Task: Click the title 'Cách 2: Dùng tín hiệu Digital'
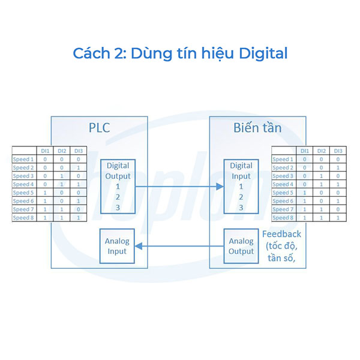coord(180,53)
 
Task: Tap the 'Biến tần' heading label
coord(257,127)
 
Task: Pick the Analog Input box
coord(118,246)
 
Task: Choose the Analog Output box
coord(241,246)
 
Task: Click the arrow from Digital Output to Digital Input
coord(180,187)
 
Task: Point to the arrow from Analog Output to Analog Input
coord(180,246)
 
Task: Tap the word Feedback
coord(281,234)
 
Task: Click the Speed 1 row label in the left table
coord(24,160)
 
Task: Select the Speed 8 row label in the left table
coord(24,218)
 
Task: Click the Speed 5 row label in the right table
coord(283,193)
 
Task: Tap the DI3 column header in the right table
coord(338,151)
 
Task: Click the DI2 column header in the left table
coord(61,151)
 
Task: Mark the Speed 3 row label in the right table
coord(283,176)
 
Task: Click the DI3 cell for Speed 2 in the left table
coord(78,168)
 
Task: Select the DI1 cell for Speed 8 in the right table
coord(304,218)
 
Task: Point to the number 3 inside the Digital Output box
coord(118,207)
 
